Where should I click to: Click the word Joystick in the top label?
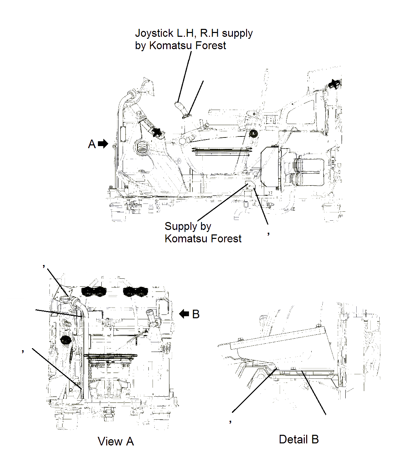coord(154,33)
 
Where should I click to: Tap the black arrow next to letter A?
coord(103,144)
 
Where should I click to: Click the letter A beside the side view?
coord(92,144)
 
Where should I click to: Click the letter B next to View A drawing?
coord(196,314)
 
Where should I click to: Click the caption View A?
coord(115,441)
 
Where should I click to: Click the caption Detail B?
coord(299,439)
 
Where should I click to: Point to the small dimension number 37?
coord(270,193)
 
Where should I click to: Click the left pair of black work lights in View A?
coord(94,291)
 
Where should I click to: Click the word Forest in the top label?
coord(211,46)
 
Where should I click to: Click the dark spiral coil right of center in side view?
coord(254,134)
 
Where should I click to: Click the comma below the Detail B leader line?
coord(231,421)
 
